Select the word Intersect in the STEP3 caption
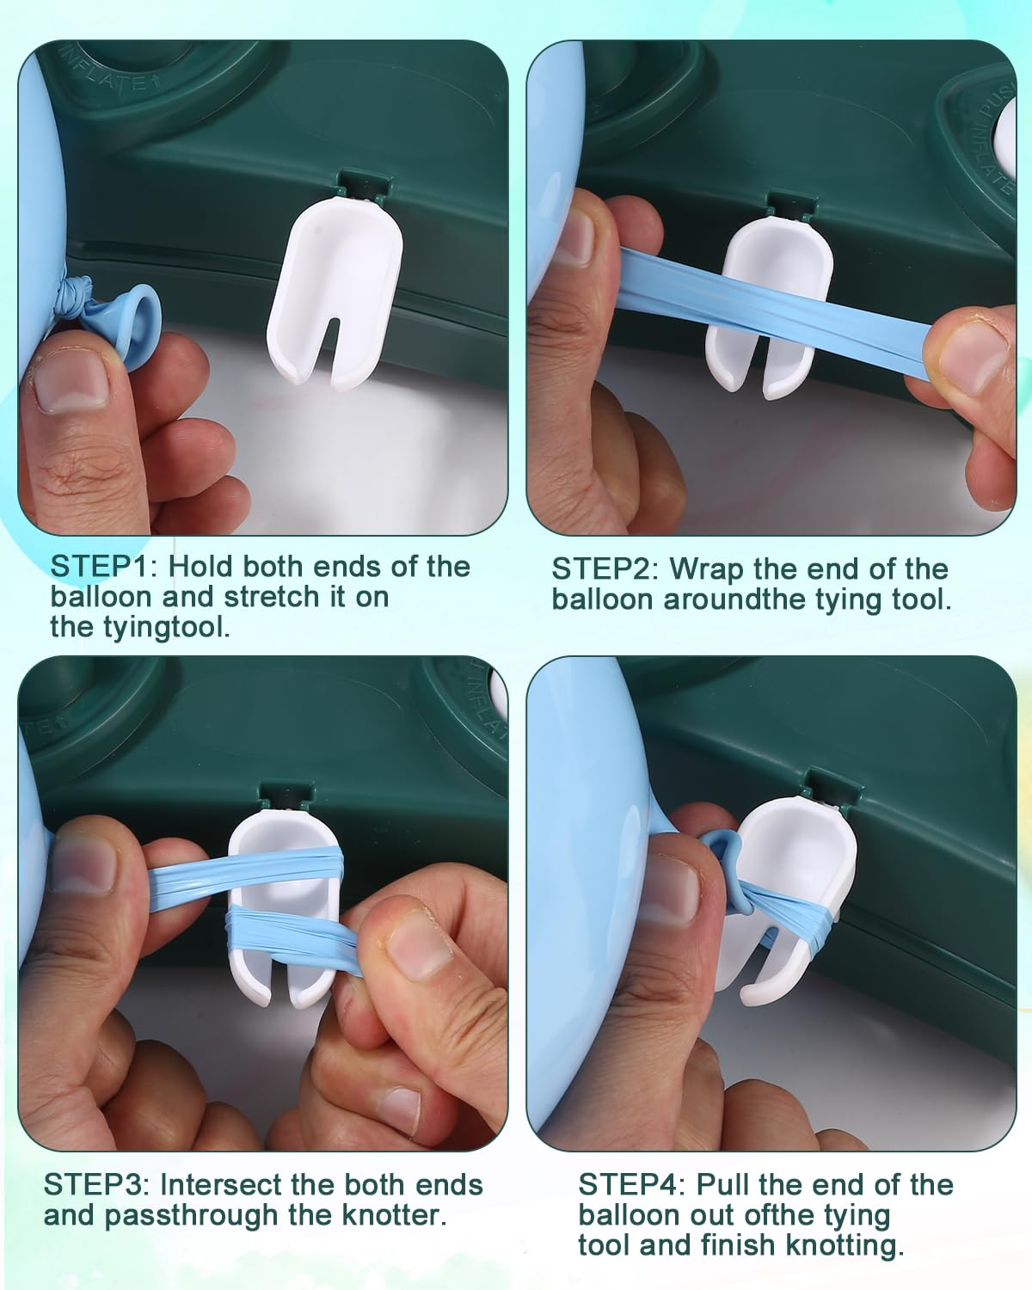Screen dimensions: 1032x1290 (220, 1185)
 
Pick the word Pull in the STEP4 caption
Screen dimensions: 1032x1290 (716, 1185)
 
